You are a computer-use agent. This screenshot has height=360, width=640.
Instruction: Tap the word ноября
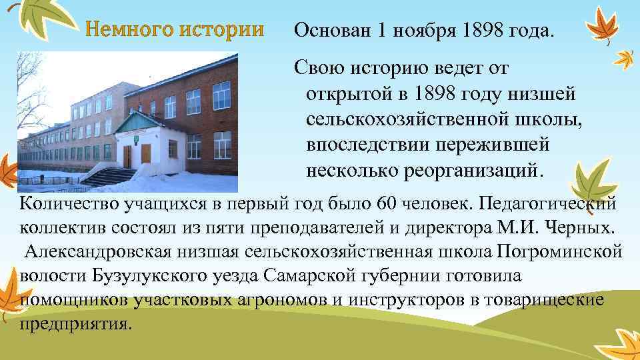coord(421,30)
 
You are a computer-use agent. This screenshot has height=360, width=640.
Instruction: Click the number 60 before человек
coord(386,203)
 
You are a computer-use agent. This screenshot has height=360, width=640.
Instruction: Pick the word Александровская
coord(100,252)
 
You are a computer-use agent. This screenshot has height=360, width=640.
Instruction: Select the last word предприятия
coord(76,324)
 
